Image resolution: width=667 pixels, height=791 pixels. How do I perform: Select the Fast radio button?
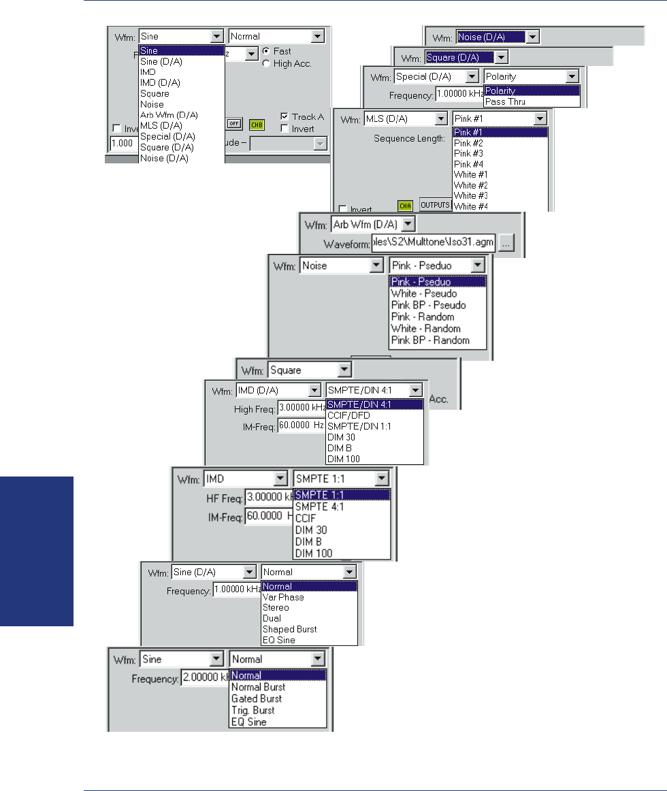pyautogui.click(x=266, y=51)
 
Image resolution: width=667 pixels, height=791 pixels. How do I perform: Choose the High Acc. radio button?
pyautogui.click(x=266, y=63)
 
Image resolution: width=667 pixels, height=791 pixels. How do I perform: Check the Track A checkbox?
pyautogui.click(x=284, y=116)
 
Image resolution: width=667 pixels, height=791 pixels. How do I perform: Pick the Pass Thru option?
pyautogui.click(x=505, y=101)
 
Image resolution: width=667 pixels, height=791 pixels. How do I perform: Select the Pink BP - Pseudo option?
pyautogui.click(x=429, y=305)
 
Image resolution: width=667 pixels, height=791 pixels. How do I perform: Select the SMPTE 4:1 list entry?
pyautogui.click(x=320, y=507)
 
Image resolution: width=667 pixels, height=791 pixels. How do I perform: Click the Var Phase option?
pyautogui.click(x=284, y=597)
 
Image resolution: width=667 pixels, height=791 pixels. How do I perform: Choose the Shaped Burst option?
pyautogui.click(x=289, y=629)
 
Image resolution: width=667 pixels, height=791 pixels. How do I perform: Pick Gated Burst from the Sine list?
pyautogui.click(x=257, y=698)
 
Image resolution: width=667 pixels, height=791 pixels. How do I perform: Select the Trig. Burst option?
pyautogui.click(x=253, y=710)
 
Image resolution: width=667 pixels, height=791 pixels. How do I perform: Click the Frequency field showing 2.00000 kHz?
pyautogui.click(x=204, y=679)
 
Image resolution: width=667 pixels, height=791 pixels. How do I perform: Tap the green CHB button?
pyautogui.click(x=257, y=124)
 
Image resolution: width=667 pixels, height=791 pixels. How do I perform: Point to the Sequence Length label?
pyautogui.click(x=409, y=138)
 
